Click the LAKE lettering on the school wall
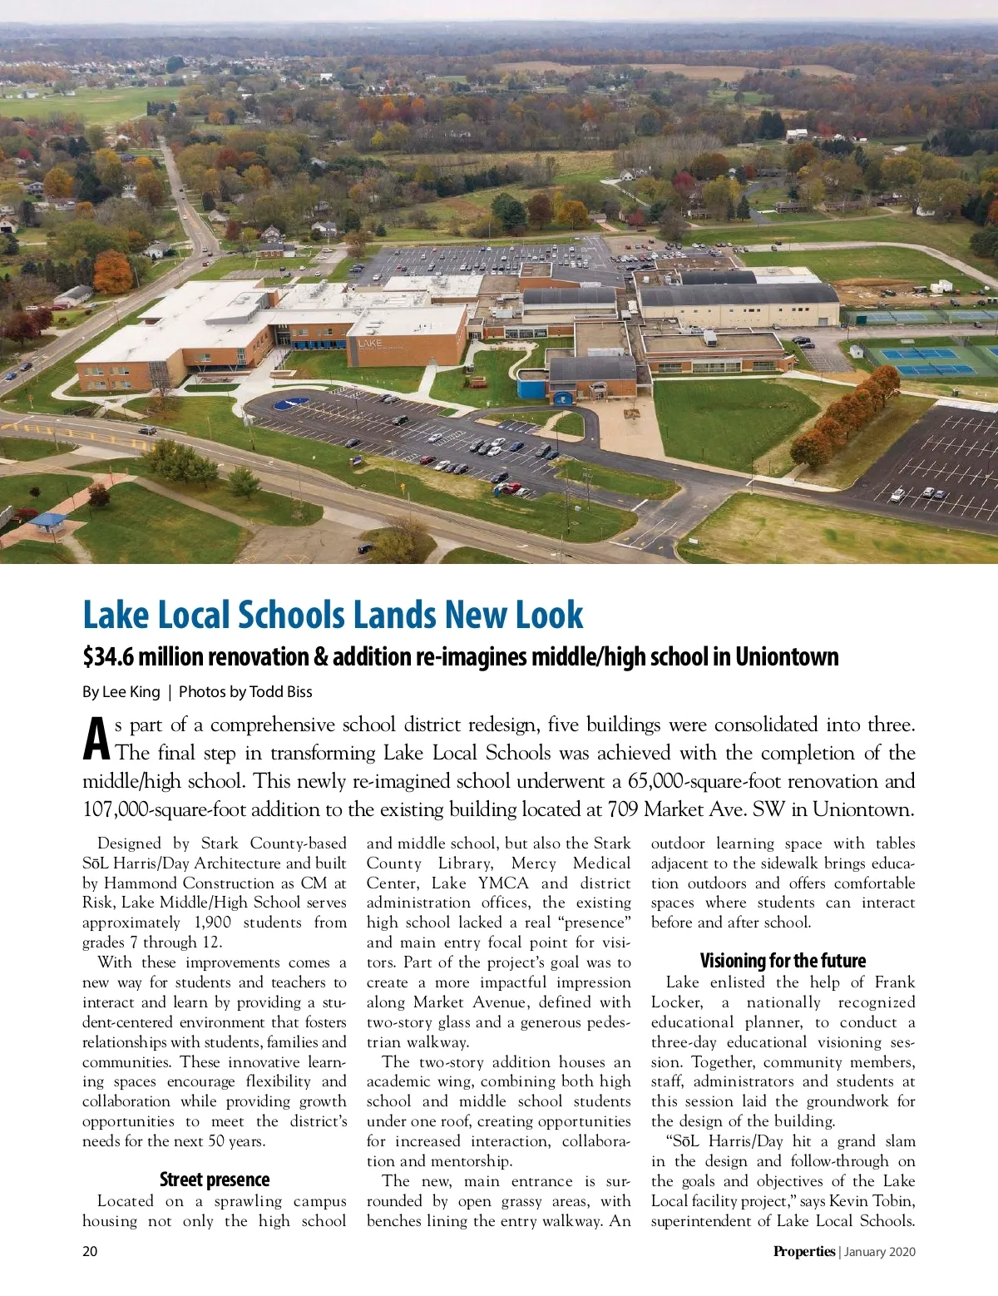click(370, 342)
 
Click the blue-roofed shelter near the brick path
click(47, 522)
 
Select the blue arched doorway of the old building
click(565, 398)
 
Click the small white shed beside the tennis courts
click(857, 351)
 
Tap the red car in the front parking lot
click(511, 488)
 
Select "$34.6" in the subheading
click(107, 657)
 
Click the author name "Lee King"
click(131, 691)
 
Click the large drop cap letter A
click(96, 739)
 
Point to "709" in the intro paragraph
click(624, 809)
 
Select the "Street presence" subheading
click(215, 1180)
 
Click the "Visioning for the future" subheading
click(783, 961)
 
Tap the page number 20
click(90, 1251)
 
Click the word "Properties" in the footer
click(803, 1251)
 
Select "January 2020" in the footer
click(880, 1252)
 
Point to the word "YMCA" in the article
click(503, 883)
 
